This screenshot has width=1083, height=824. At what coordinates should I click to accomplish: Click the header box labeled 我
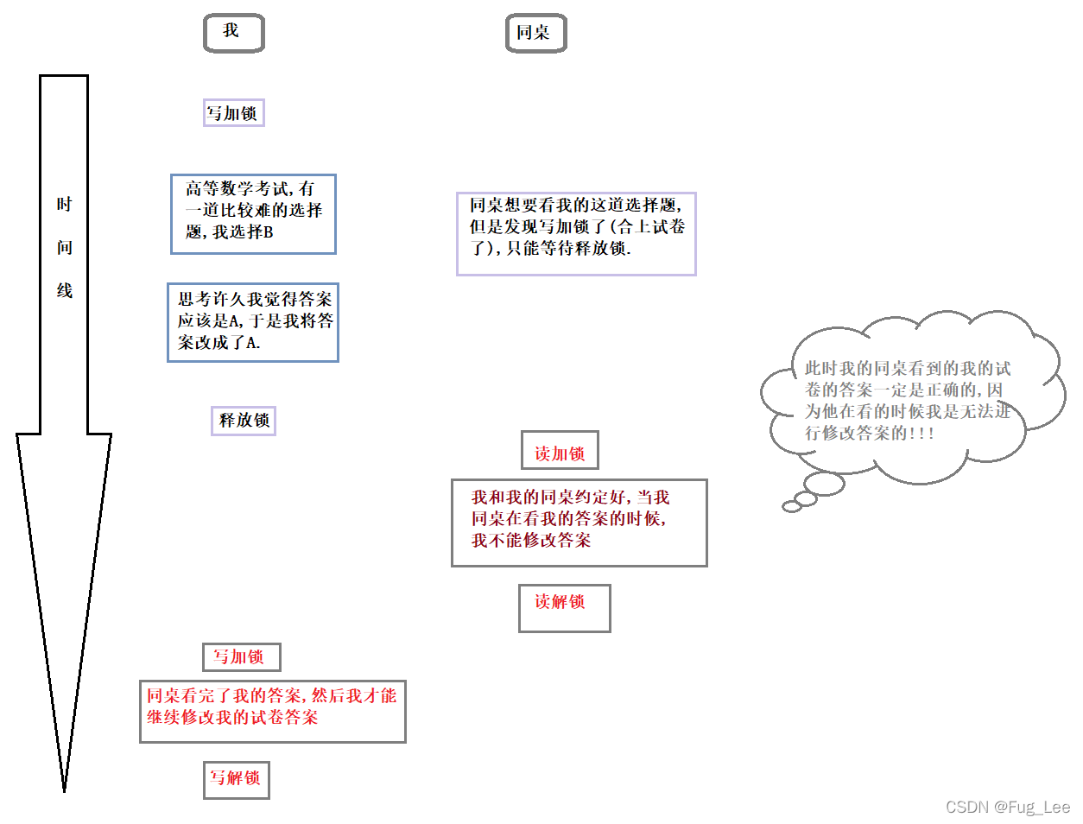[x=233, y=33]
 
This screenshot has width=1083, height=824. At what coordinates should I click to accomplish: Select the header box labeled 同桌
[x=535, y=33]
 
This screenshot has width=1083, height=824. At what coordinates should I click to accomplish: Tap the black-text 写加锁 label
[x=233, y=113]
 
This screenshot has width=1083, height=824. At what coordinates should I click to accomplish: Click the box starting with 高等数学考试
[x=253, y=214]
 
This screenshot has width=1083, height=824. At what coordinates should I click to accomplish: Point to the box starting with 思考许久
[x=253, y=322]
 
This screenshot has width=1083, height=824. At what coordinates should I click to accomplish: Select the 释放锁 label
[x=244, y=421]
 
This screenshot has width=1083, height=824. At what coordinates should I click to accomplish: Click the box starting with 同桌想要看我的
[x=576, y=233]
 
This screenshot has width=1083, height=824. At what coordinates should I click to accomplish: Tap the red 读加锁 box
[x=560, y=451]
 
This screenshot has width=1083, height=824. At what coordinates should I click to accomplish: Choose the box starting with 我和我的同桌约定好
[x=579, y=523]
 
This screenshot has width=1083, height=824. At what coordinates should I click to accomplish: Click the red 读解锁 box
[x=564, y=608]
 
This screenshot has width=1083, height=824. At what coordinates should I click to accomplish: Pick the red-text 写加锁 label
[x=241, y=657]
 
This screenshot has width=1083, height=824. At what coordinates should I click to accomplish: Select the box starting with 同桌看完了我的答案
[x=272, y=711]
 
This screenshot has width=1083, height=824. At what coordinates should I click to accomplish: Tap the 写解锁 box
[x=237, y=779]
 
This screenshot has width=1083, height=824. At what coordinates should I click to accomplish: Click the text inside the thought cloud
[x=907, y=401]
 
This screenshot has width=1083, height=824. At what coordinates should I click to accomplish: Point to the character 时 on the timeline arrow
[x=65, y=205]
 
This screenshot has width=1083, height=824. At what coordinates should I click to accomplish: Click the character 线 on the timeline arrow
[x=65, y=291]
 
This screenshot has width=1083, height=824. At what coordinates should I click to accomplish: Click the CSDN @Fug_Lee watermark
[x=1007, y=807]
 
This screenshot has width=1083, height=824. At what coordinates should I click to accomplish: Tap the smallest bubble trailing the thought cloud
[x=791, y=507]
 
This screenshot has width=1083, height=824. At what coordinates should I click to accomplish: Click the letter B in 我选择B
[x=268, y=232]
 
